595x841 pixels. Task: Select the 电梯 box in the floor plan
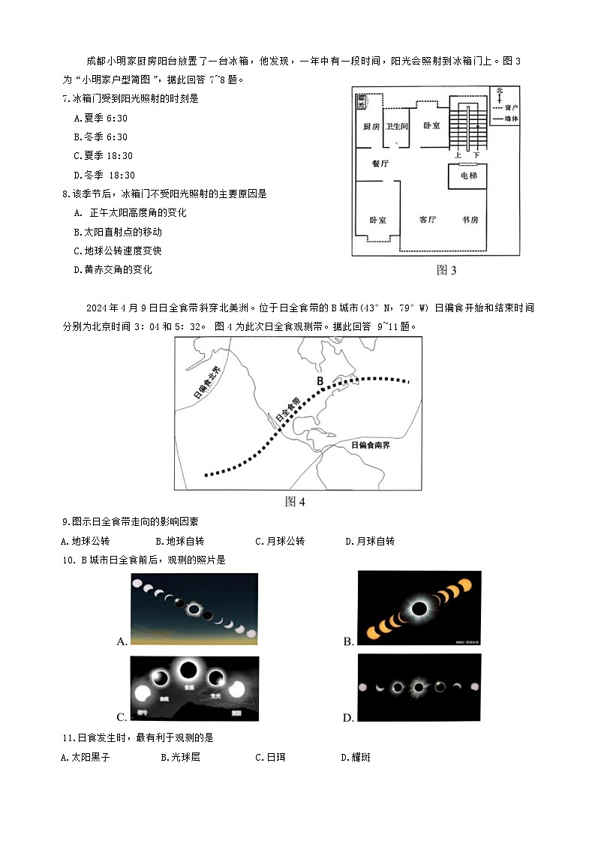(468, 176)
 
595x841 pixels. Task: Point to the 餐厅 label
(380, 163)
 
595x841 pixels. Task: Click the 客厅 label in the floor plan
(428, 220)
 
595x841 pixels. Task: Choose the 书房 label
(470, 220)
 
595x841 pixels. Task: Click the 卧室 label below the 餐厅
(377, 221)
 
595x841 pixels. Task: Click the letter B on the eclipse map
(320, 381)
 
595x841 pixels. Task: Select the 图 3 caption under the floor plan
(446, 270)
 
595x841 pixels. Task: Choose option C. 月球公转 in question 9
(280, 541)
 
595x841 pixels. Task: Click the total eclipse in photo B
(419, 608)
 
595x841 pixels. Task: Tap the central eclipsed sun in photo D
(419, 686)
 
